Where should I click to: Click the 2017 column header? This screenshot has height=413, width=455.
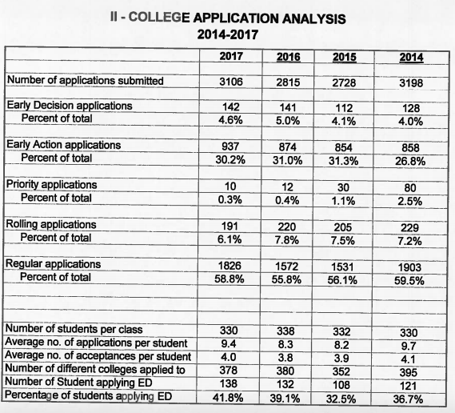pyautogui.click(x=231, y=56)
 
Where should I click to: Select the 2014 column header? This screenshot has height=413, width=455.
pyautogui.click(x=411, y=57)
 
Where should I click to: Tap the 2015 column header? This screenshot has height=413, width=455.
pyautogui.click(x=344, y=57)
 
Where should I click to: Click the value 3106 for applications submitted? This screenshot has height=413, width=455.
pyautogui.click(x=231, y=82)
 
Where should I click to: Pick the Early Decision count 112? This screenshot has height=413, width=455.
pyautogui.click(x=344, y=108)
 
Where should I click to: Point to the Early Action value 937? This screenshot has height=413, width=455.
pyautogui.click(x=230, y=146)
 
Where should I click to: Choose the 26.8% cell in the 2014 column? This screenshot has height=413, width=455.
pyautogui.click(x=410, y=161)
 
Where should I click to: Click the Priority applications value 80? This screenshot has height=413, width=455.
pyautogui.click(x=410, y=187)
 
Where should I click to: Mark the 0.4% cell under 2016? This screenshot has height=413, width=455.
pyautogui.click(x=287, y=200)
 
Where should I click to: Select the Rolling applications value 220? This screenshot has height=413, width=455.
pyautogui.click(x=287, y=227)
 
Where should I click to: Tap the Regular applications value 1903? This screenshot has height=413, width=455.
pyautogui.click(x=409, y=267)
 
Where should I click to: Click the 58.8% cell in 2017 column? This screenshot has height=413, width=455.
pyautogui.click(x=229, y=279)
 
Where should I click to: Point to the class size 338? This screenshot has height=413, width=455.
pyautogui.click(x=285, y=331)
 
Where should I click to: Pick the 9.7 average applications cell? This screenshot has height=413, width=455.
pyautogui.click(x=409, y=346)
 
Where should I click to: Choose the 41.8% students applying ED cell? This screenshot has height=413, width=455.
pyautogui.click(x=228, y=397)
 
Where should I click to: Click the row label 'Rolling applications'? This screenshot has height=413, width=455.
pyautogui.click(x=51, y=224)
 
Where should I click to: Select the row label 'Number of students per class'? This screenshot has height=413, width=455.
pyautogui.click(x=74, y=329)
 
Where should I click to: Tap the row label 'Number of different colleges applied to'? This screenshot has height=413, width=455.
pyautogui.click(x=95, y=369)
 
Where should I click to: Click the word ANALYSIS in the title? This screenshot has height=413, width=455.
pyautogui.click(x=313, y=19)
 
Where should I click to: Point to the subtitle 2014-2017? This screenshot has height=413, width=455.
pyautogui.click(x=227, y=34)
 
